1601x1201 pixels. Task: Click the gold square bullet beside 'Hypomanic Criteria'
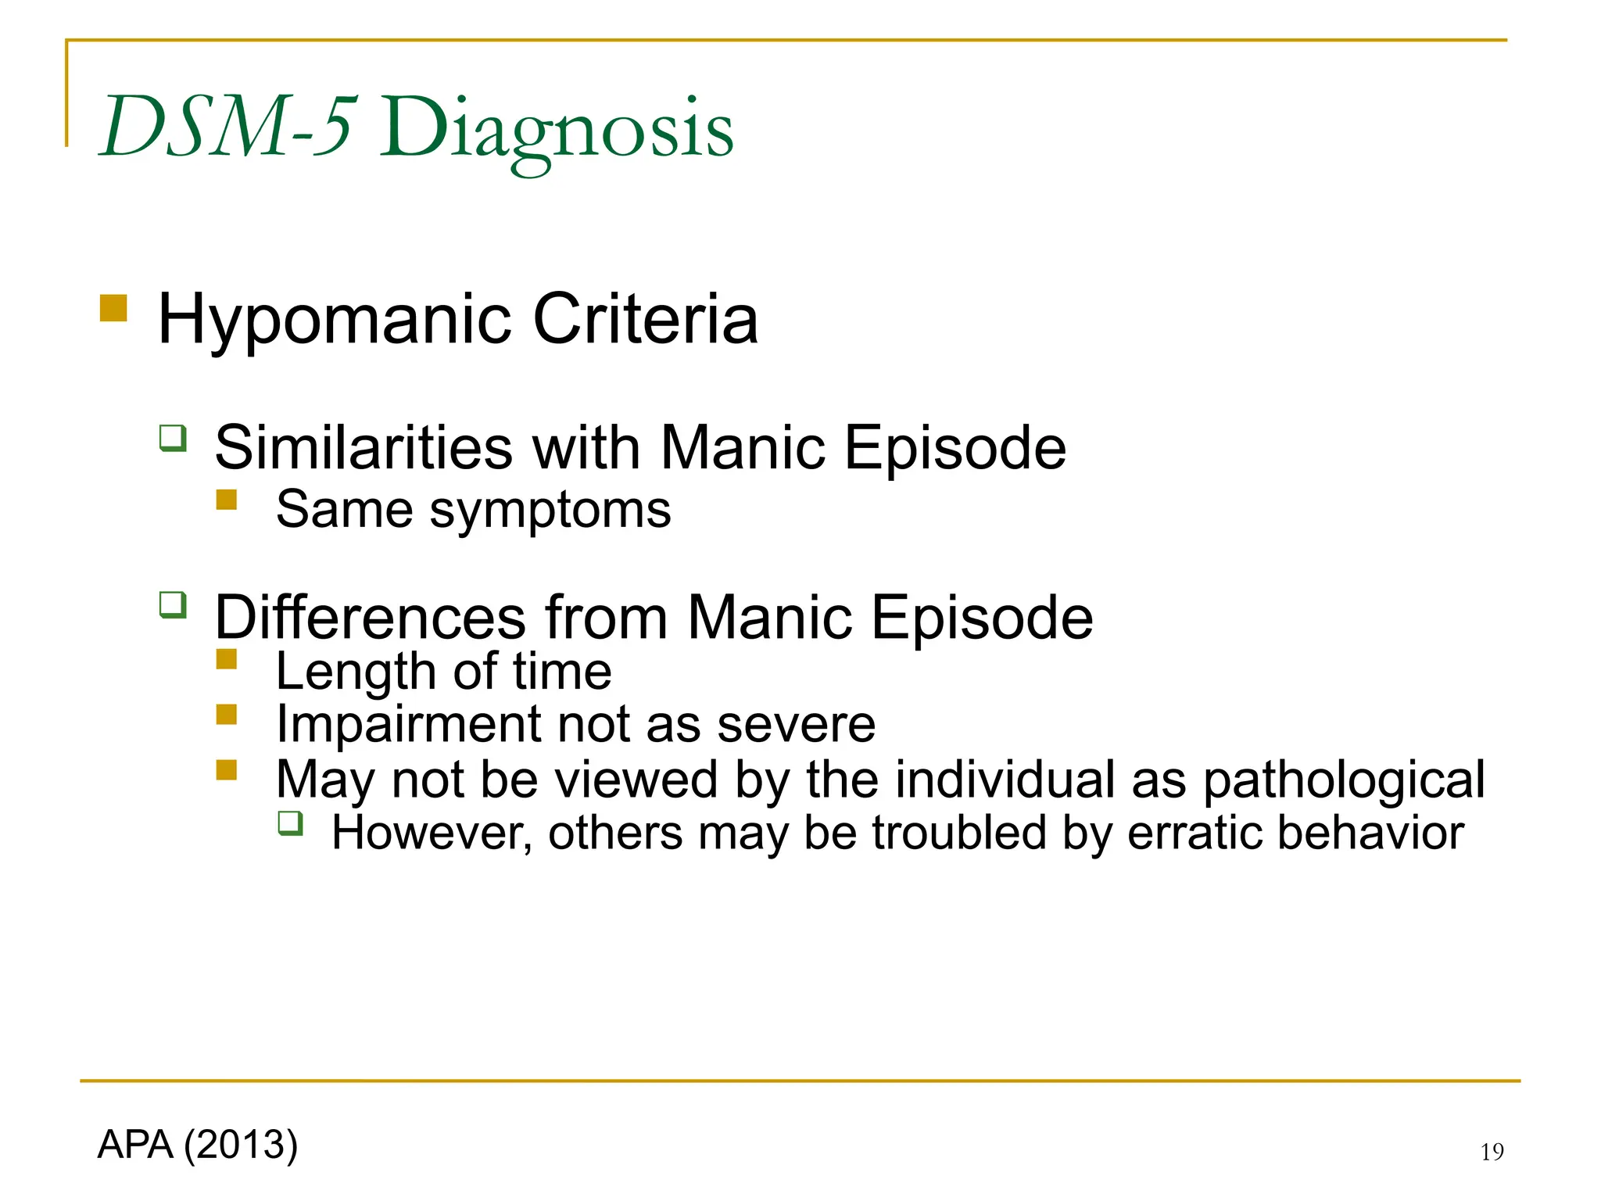pyautogui.click(x=113, y=308)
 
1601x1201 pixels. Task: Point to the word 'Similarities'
pyautogui.click(x=364, y=447)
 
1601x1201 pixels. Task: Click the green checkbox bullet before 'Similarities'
pyautogui.click(x=173, y=438)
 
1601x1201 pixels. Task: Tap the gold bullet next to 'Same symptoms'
pyautogui.click(x=227, y=500)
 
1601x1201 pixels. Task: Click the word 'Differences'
pyautogui.click(x=370, y=618)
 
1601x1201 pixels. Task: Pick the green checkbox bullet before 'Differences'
pyautogui.click(x=173, y=605)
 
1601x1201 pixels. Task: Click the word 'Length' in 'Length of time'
pyautogui.click(x=355, y=672)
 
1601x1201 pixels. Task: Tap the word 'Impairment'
pyautogui.click(x=407, y=724)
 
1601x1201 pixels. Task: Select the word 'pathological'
pyautogui.click(x=1343, y=780)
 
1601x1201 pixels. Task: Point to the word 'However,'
pyautogui.click(x=432, y=833)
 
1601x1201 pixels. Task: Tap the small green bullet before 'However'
pyautogui.click(x=290, y=823)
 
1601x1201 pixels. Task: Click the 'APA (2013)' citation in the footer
pyautogui.click(x=198, y=1145)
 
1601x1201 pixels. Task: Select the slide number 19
pyautogui.click(x=1492, y=1152)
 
